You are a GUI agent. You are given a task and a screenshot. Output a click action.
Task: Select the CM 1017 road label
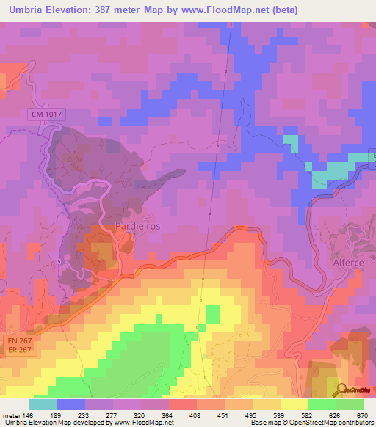point(48,114)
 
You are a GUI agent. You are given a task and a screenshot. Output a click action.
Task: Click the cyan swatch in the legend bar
point(43,404)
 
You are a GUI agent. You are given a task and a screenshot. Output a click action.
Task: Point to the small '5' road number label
point(59,260)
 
